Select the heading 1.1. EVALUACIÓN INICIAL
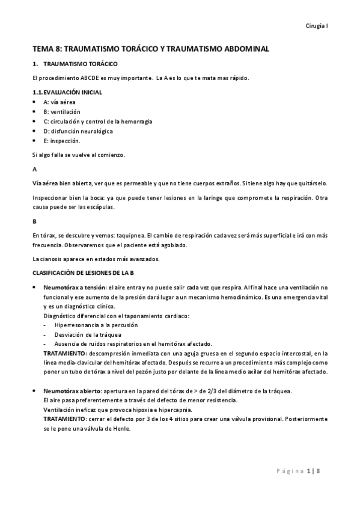[x=67, y=92]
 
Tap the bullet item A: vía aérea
[x=59, y=102]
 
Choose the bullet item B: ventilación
[x=62, y=112]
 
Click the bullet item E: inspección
[x=62, y=141]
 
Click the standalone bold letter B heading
[x=34, y=221]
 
